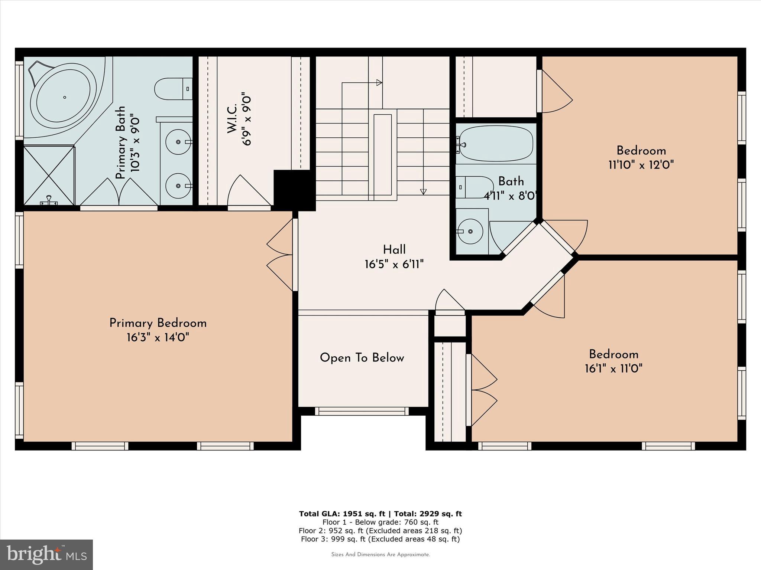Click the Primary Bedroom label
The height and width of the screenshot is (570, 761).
[158, 323]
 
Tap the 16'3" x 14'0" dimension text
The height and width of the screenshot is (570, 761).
[158, 338]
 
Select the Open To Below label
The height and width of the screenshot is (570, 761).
[362, 358]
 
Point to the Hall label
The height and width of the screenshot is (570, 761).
[394, 250]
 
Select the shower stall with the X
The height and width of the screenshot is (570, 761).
[49, 176]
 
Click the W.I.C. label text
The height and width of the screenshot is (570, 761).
[232, 119]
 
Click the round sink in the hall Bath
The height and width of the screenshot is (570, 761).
[470, 231]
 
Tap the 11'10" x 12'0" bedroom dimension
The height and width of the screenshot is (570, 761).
[641, 165]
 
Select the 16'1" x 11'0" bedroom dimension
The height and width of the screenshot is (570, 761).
[613, 368]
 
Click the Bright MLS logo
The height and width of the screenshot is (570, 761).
[46, 554]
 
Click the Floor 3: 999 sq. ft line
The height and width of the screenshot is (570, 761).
[380, 539]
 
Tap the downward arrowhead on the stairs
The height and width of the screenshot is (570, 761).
[423, 191]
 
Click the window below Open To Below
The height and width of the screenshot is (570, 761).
[362, 411]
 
